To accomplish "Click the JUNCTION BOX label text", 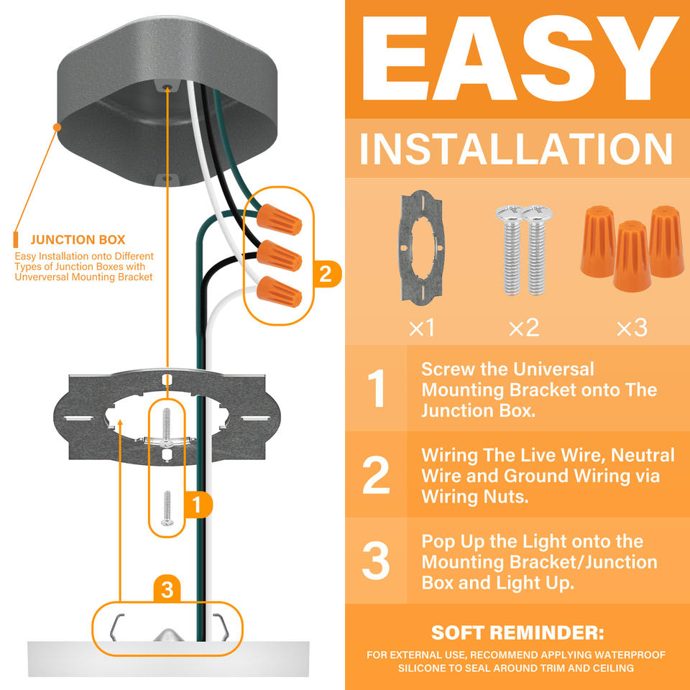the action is point(78,240).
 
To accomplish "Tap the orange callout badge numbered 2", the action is point(326,274).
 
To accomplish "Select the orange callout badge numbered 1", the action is point(198,505).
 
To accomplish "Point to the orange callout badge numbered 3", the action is point(167,589).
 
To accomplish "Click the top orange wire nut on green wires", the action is point(280,219).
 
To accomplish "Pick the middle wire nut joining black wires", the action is point(280,256).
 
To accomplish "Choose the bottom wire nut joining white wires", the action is point(280,291).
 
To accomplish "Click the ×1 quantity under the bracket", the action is point(422,328).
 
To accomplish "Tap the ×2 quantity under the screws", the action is point(524,328).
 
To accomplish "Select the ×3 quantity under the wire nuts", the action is point(632,328).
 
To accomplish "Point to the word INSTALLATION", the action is point(516,149).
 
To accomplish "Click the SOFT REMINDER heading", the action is point(517,632).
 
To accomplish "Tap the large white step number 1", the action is point(377,388).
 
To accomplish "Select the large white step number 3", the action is point(376,560).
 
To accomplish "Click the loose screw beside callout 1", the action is point(167,508).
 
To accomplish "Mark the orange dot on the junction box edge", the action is point(57,127).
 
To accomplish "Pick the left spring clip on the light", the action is point(116,626).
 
